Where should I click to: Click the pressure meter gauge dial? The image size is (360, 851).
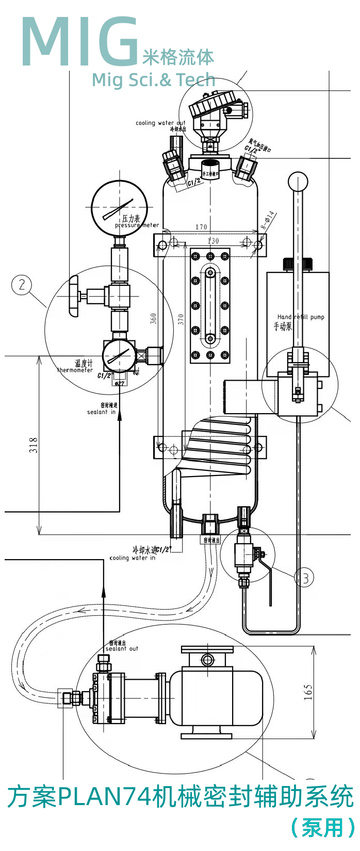(x=119, y=208)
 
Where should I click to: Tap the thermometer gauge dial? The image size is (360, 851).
(x=119, y=355)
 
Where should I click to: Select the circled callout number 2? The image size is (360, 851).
(x=22, y=285)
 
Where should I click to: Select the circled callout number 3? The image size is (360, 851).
(x=304, y=577)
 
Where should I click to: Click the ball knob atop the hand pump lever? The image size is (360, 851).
(x=298, y=182)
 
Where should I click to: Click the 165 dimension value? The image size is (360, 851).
(x=308, y=692)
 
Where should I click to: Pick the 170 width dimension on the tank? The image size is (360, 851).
(x=201, y=227)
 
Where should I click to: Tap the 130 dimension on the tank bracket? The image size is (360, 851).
(x=212, y=241)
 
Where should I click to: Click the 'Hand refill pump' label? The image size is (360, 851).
(x=301, y=317)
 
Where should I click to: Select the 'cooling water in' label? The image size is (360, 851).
(x=133, y=558)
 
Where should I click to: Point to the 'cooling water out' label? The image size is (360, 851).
(x=160, y=123)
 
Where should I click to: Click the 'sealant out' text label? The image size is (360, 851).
(x=122, y=649)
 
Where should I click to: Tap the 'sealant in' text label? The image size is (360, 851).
(x=101, y=412)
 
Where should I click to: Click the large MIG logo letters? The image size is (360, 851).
(x=80, y=42)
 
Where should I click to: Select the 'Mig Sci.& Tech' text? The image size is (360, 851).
(x=153, y=80)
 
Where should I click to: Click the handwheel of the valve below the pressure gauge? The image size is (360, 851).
(x=73, y=296)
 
